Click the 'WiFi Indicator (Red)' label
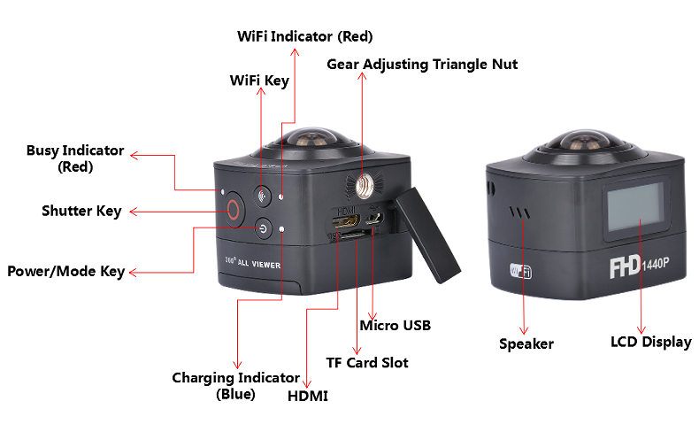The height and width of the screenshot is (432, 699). (305, 36)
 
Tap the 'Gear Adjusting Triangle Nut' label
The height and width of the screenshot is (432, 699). (422, 64)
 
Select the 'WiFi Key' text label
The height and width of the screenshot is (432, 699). (259, 81)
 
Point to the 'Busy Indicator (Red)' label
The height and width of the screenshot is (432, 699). (75, 158)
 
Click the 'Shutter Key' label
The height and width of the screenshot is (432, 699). (81, 211)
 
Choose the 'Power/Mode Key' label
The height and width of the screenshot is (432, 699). (65, 271)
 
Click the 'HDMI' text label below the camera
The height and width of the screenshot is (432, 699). (308, 396)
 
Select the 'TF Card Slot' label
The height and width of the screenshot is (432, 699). (367, 362)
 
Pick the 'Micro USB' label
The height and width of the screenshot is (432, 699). (395, 325)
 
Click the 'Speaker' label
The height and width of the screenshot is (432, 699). (526, 343)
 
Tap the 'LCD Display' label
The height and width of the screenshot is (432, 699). (650, 342)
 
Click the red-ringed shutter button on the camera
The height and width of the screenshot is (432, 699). (233, 211)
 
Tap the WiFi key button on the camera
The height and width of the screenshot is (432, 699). (261, 197)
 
